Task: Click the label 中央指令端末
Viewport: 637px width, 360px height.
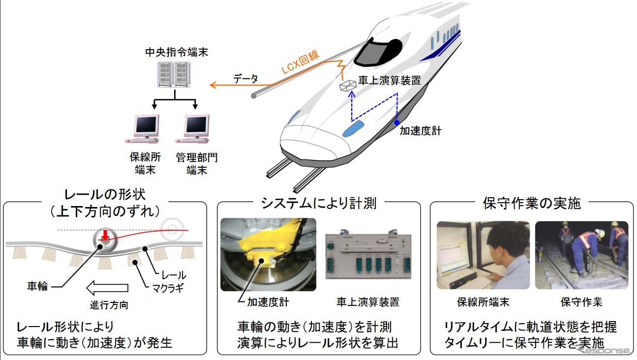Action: coord(177,52)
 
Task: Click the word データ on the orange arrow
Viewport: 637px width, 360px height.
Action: coord(245,79)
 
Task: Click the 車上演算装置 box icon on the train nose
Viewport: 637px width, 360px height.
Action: coord(348,86)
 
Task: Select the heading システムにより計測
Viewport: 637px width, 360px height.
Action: coord(318,203)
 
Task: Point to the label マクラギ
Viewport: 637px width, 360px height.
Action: coord(167,287)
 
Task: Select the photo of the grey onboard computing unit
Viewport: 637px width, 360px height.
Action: coord(368,256)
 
